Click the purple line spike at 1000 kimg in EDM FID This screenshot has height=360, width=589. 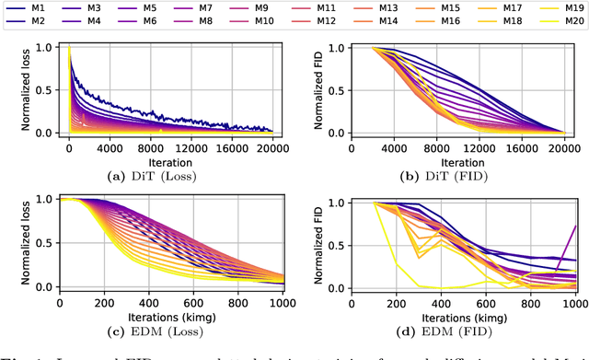coord(576,227)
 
